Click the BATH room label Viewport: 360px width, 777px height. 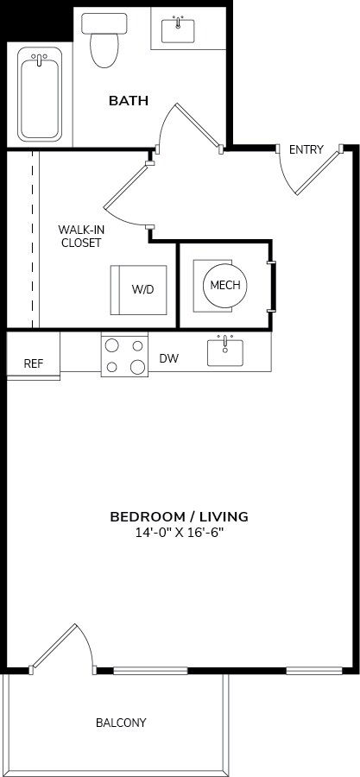click(128, 101)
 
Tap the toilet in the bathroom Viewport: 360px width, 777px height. click(104, 41)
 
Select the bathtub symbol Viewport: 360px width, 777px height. click(41, 94)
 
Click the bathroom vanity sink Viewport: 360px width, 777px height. click(180, 31)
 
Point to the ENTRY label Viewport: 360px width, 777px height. click(306, 150)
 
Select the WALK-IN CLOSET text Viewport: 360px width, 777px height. click(80, 236)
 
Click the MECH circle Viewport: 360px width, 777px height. click(224, 285)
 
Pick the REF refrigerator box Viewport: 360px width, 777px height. click(33, 363)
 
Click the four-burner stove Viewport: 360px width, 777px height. click(125, 355)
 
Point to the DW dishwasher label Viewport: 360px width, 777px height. click(169, 358)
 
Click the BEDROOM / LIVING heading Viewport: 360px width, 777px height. click(179, 516)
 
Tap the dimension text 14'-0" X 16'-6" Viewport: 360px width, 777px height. click(179, 533)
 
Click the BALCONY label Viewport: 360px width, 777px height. click(121, 723)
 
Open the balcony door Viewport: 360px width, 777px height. click(65, 647)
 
